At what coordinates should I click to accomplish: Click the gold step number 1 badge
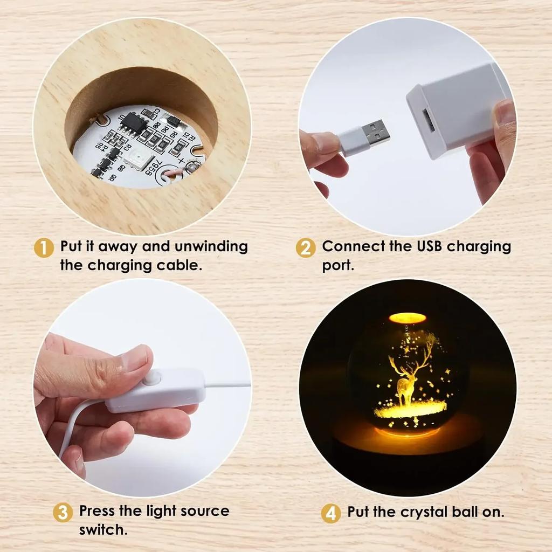pos(44,248)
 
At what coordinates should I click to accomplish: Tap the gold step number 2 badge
pos(305,248)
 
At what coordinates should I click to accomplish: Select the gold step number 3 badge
pos(63,512)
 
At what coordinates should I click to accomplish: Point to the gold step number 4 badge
pos(330,513)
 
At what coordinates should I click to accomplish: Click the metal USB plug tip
pos(375,133)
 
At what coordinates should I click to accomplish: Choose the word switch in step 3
pos(103,529)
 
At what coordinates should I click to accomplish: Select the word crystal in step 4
pos(425,512)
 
